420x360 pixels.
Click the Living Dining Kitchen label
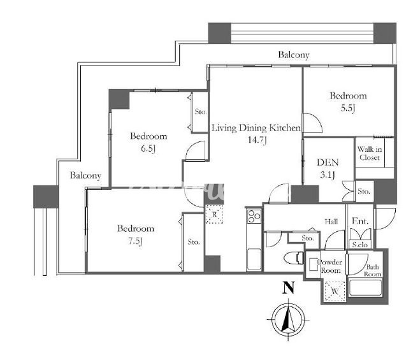(256, 127)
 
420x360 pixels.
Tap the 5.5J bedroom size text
(348, 108)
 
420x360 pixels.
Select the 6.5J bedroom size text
(148, 148)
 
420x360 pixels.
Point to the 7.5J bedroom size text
(135, 241)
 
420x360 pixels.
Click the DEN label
(328, 162)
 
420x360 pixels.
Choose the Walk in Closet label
(370, 153)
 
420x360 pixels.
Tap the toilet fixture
(294, 257)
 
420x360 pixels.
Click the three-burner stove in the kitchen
(254, 216)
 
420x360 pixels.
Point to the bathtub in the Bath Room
(365, 287)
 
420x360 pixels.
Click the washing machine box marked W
(335, 291)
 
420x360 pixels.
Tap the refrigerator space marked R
(214, 214)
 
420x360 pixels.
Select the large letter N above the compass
(289, 287)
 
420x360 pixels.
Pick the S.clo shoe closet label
(360, 244)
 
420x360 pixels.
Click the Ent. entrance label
(360, 221)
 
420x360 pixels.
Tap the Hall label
(331, 222)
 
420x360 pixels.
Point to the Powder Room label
(330, 266)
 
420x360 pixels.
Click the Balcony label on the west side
(85, 175)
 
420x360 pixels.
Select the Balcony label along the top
(294, 55)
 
